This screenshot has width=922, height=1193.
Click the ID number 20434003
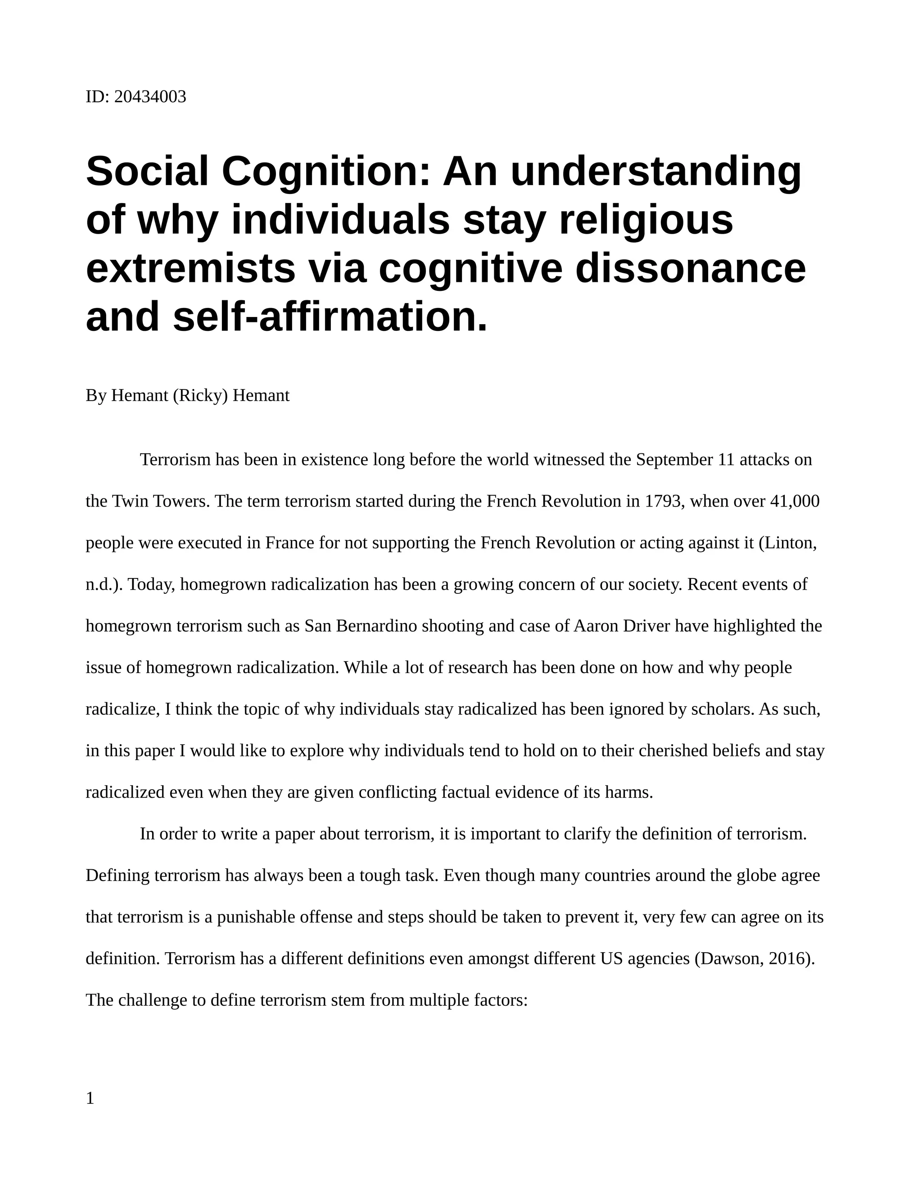coord(150,97)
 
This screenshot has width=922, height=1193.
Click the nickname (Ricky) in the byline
coord(200,395)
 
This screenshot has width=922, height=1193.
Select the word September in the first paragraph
coord(674,460)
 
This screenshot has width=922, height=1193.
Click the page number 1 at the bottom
coord(90,1098)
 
